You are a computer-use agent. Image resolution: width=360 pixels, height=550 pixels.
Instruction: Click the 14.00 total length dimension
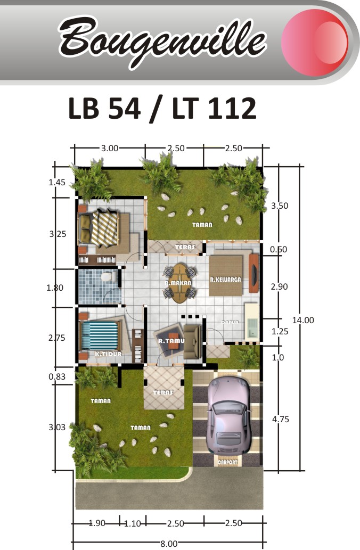pyautogui.click(x=303, y=320)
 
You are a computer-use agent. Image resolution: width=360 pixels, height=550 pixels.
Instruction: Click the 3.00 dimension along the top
pyautogui.click(x=110, y=149)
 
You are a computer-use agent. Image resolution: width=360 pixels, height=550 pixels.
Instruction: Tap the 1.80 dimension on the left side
pyautogui.click(x=55, y=288)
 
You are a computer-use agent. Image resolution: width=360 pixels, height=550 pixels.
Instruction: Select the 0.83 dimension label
pyautogui.click(x=57, y=377)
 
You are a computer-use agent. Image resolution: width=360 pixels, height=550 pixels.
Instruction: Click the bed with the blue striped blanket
pyautogui.click(x=100, y=334)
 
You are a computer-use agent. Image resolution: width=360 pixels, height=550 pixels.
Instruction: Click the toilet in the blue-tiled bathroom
pyautogui.click(x=108, y=276)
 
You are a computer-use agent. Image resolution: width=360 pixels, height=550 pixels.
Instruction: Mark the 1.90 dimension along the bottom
pyautogui.click(x=96, y=523)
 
